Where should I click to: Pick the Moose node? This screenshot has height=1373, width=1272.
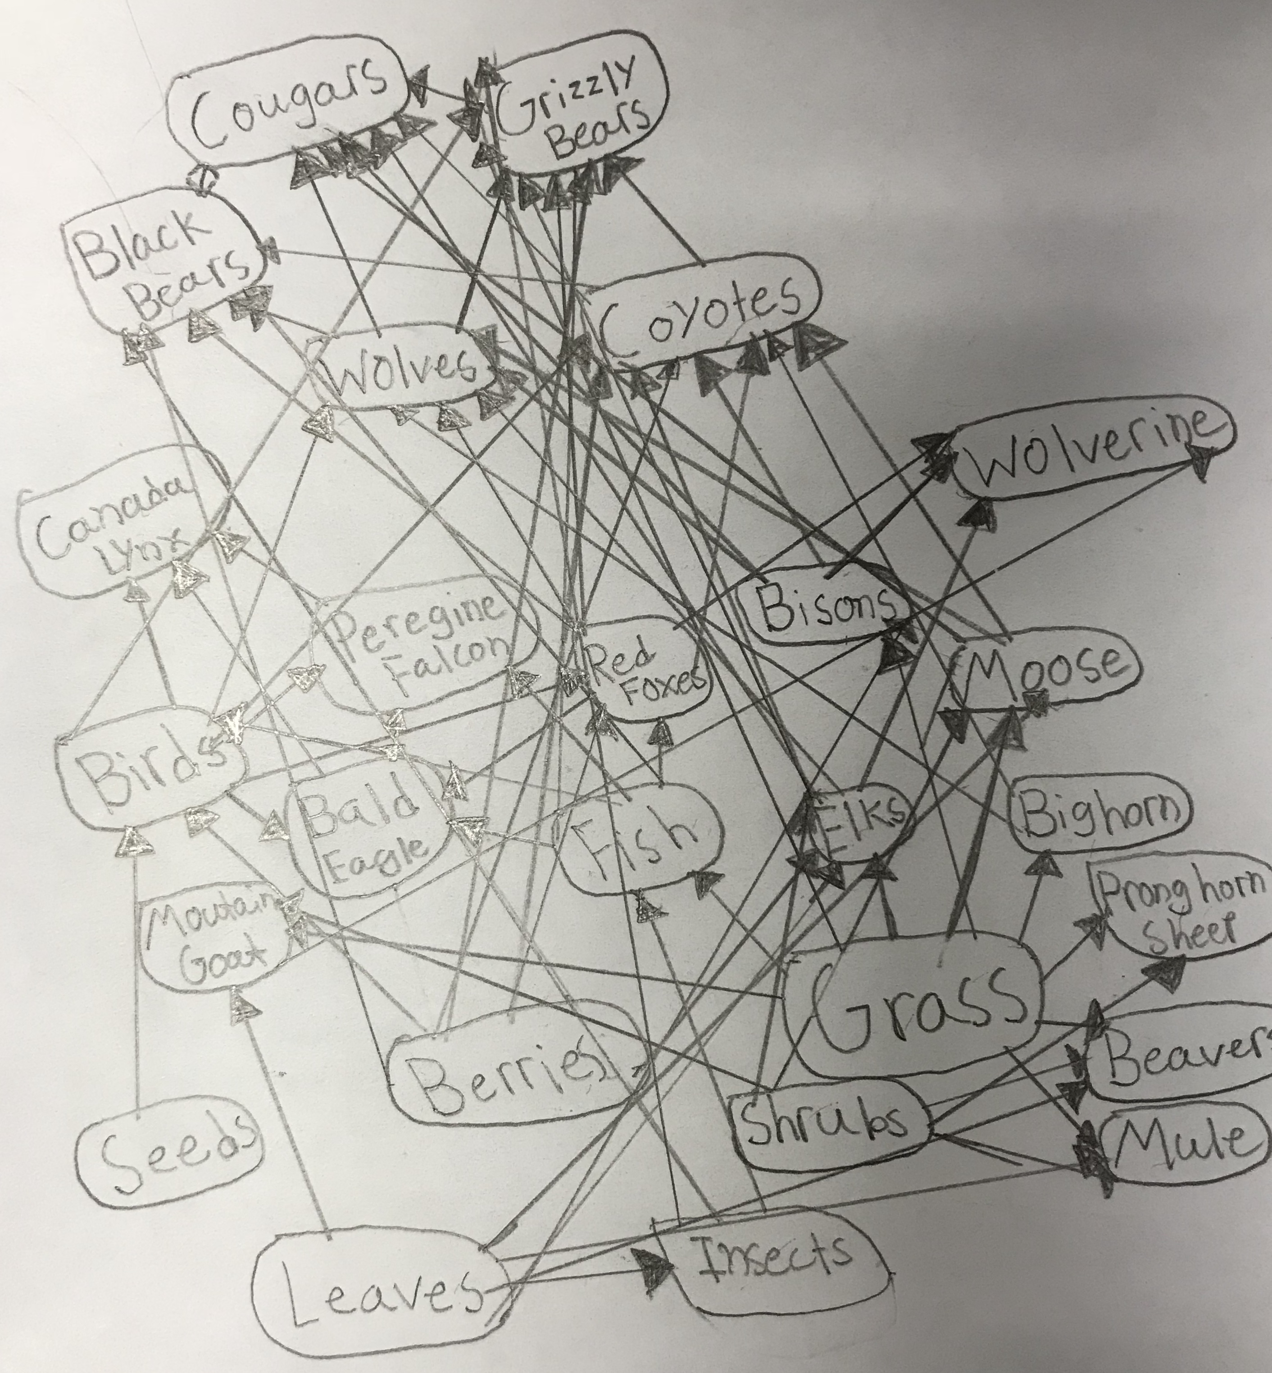[x=1046, y=678]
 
